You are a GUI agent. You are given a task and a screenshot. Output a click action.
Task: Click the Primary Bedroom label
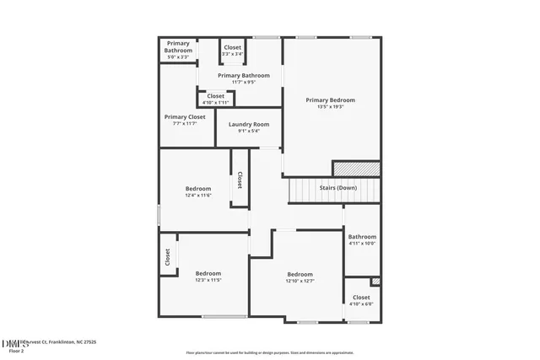[x=330, y=100]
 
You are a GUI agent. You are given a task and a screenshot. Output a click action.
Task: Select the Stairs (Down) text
[x=337, y=186]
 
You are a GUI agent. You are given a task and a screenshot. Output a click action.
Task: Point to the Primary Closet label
[x=184, y=117]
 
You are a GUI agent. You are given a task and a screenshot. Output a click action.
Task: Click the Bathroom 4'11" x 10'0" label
[x=362, y=237]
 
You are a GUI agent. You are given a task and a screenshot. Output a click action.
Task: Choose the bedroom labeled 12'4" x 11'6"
[x=198, y=189]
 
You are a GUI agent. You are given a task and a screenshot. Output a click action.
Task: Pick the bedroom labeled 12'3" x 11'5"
[x=208, y=273]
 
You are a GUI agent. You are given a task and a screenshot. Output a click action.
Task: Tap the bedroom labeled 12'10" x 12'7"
[x=300, y=275]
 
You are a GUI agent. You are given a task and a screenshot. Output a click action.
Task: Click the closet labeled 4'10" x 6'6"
[x=361, y=298]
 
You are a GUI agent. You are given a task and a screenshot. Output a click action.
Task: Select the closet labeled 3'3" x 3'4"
[x=232, y=48]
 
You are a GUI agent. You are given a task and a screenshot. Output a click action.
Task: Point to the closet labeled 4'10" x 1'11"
[x=216, y=96]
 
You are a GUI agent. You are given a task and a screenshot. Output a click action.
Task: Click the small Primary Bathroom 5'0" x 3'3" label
[x=178, y=46]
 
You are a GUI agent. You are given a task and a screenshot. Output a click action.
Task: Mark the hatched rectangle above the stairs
[x=356, y=169]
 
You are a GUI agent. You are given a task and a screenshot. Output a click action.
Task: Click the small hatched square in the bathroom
[x=375, y=282]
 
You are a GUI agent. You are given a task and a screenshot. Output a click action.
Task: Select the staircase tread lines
[x=316, y=191]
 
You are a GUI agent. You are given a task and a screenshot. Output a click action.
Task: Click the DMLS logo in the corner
[x=14, y=343]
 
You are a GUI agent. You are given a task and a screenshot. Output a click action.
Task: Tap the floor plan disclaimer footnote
[x=270, y=352]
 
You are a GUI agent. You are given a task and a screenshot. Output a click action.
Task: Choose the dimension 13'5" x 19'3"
[x=330, y=107]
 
